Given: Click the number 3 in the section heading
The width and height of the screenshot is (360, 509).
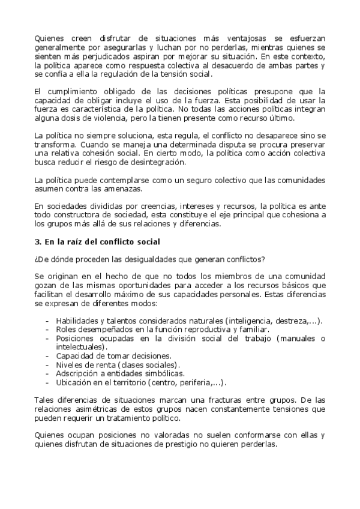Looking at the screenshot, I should tap(37, 242).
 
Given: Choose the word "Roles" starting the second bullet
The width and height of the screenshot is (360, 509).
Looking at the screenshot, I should tap(66, 330).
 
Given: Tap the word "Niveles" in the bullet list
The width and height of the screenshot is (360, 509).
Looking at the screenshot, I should tap(71, 365).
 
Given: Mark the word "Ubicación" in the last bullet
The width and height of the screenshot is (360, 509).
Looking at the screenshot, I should tap(75, 382).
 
